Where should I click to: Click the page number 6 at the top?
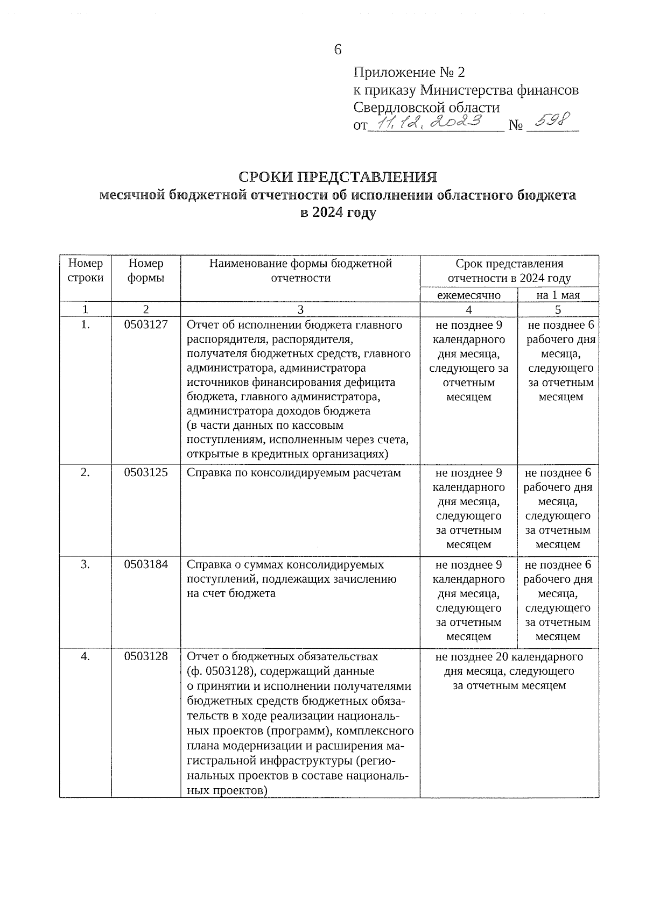tap(338, 49)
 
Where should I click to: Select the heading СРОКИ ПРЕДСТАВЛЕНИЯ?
tap(338, 177)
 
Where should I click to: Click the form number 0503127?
tap(146, 325)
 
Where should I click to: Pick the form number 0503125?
tap(146, 472)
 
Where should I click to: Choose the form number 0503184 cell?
tap(146, 564)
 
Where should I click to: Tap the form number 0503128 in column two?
tap(146, 656)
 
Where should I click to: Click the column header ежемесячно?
tap(468, 295)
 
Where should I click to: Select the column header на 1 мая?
tap(558, 295)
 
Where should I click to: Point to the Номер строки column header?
tap(86, 271)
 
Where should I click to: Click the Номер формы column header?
tap(146, 271)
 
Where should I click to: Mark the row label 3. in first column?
tap(86, 564)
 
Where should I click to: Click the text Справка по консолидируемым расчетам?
tap(294, 472)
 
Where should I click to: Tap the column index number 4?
tap(468, 309)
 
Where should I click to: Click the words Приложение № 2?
tap(409, 72)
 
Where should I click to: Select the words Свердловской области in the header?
tap(426, 108)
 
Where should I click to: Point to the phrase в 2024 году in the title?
tap(338, 213)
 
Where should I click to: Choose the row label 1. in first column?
tap(86, 325)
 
